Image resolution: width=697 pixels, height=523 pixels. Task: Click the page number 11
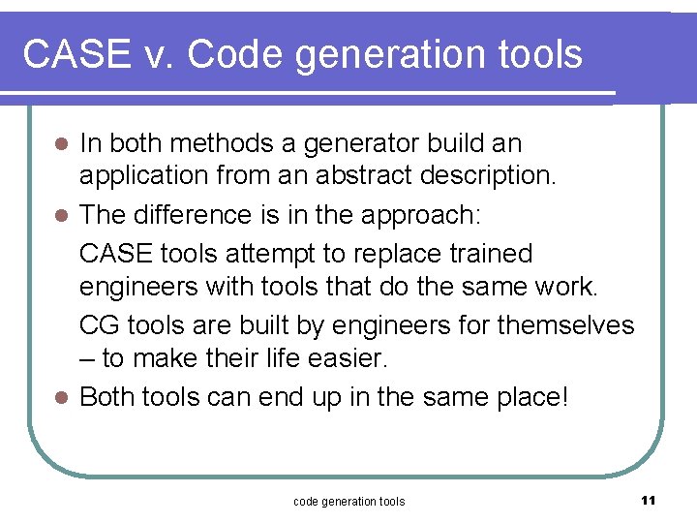point(649,500)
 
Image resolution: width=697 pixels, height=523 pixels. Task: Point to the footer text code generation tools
point(348,501)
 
